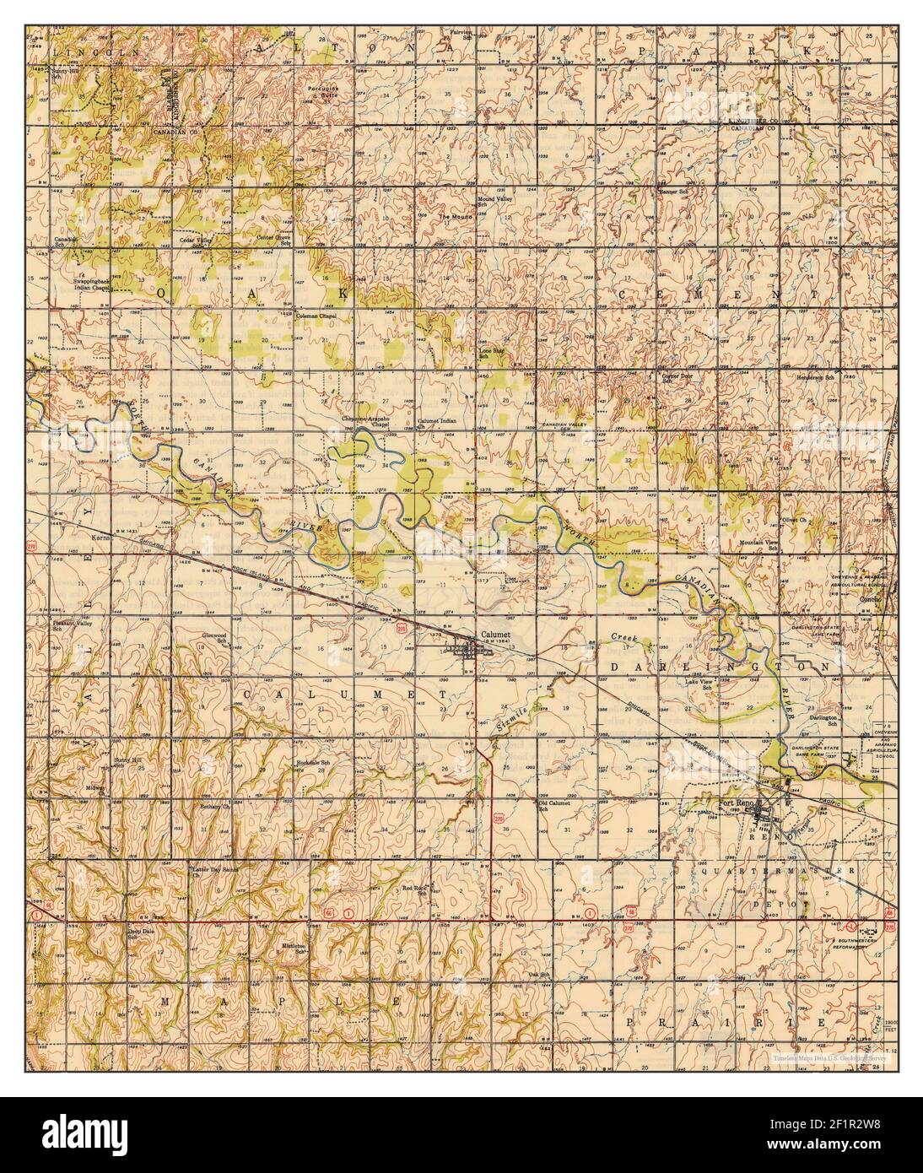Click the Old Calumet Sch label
[554, 805]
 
